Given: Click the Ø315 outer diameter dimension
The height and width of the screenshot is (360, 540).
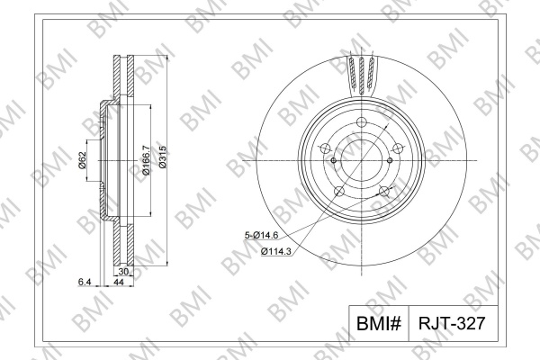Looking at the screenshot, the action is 163,157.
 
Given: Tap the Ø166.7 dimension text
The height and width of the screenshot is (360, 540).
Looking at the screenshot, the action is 146,159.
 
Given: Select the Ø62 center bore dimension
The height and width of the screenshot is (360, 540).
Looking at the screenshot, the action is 82,160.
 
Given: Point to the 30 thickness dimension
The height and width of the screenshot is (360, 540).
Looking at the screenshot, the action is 123,272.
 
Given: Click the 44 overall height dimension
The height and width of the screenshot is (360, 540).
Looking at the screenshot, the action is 119,282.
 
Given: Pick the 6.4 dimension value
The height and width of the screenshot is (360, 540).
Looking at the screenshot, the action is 85,282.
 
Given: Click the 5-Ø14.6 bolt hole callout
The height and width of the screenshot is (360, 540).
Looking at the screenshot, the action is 261,236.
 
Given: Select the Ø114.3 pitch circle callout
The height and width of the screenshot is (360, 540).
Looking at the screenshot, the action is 276,251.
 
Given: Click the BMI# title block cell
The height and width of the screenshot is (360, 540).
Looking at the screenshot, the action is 379,323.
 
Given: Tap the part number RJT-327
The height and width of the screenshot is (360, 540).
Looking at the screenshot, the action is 452,323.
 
